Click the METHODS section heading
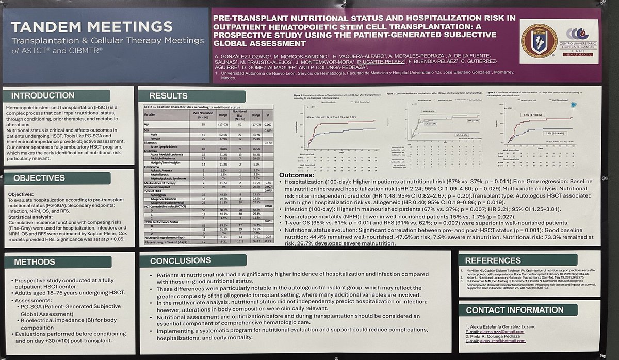point(35,262)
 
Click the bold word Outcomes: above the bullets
point(298,175)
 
